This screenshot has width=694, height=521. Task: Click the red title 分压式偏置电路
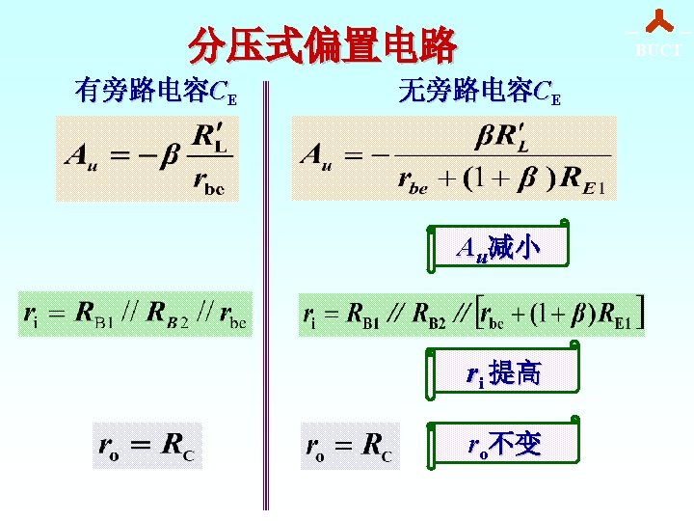coord(322,44)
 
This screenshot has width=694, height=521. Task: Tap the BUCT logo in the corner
coord(658,34)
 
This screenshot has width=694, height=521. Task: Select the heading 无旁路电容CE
coord(479,93)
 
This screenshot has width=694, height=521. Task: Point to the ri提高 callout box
coord(502,371)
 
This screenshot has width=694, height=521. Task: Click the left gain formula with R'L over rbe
coord(147,158)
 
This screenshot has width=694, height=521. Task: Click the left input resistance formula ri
coord(135,314)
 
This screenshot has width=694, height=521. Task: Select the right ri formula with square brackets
coord(473,314)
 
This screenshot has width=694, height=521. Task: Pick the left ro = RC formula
coord(147,445)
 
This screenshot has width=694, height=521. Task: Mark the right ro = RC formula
coord(349,445)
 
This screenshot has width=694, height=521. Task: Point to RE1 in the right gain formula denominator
coord(584,179)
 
